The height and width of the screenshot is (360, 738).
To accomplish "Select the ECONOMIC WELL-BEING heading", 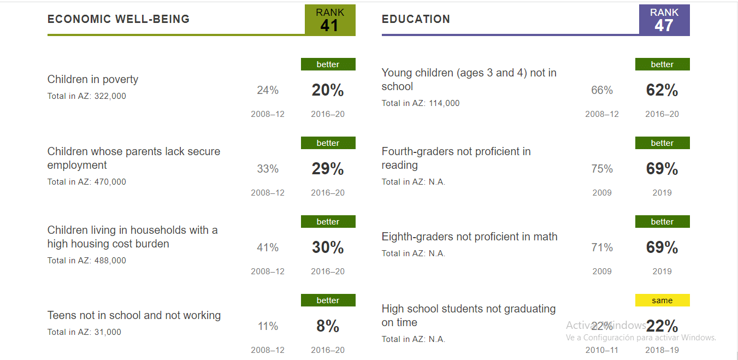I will coord(119,19).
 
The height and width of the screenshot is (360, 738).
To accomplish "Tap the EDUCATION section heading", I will coord(416,19).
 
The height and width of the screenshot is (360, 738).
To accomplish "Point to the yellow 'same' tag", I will coord(662,300).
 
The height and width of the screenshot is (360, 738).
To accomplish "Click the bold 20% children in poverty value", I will coord(328,91).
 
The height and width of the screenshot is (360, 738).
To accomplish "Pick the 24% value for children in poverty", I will coord(268,90).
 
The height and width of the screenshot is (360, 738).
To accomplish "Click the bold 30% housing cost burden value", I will coord(328,248).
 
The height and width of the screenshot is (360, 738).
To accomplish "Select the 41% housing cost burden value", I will coord(268,247).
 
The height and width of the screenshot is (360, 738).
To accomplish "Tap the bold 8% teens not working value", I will coord(328,327).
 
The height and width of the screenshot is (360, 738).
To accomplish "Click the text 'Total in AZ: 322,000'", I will coord(87,96).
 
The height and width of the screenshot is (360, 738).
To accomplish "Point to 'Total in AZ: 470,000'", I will coord(87,182).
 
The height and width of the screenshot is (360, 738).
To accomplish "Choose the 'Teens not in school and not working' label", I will coord(134,315).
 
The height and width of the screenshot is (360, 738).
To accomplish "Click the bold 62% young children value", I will coord(662,91).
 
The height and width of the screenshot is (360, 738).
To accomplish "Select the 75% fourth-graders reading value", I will coord(602,169).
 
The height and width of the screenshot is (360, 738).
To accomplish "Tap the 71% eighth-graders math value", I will coord(602,247).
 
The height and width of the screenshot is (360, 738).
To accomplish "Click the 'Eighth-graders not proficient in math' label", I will coord(469,237).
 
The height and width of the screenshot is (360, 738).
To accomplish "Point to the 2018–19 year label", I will coord(662,350).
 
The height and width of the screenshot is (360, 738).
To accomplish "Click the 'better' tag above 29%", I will coord(328,143).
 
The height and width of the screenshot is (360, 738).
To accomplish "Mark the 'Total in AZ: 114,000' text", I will coord(421,103).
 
